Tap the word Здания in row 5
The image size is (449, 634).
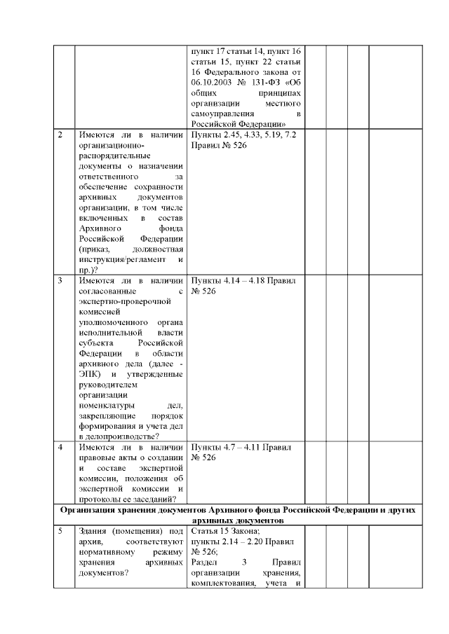93,532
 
